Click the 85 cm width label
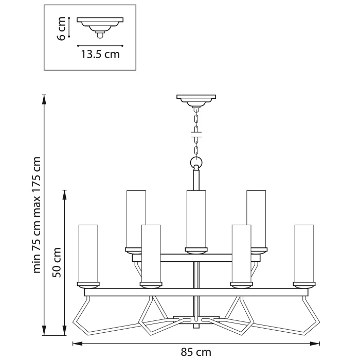pos(196,352)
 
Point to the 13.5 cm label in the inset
pos(100,54)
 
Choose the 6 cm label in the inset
pos(62,28)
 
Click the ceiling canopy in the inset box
pos(101,23)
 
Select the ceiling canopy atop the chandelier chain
pos(196,99)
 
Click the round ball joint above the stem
pos(196,163)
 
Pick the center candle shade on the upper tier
pos(196,219)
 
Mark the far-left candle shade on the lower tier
pos(88,253)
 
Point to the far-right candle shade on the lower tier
pos(304,253)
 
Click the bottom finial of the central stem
pos(196,326)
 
